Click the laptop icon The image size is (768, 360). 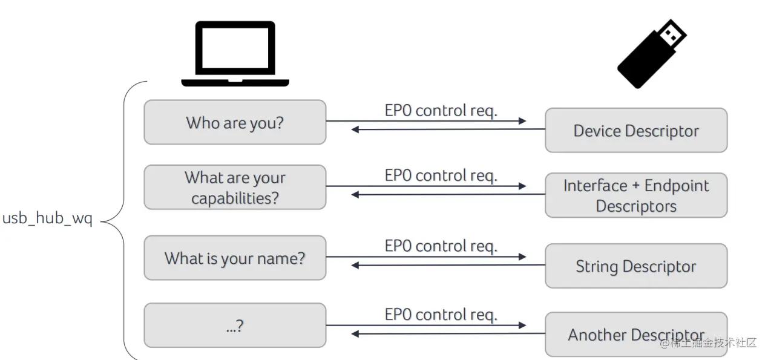pyautogui.click(x=235, y=53)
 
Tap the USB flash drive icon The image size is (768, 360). pyautogui.click(x=651, y=54)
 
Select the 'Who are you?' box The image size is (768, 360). pyautogui.click(x=235, y=122)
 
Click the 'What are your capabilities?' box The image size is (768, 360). pyautogui.click(x=235, y=187)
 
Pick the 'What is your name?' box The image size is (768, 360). pyautogui.click(x=235, y=258)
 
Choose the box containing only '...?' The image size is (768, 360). pyautogui.click(x=235, y=325)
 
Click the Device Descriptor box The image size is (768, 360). pyautogui.click(x=636, y=130)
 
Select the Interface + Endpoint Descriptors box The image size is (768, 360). pyautogui.click(x=636, y=195)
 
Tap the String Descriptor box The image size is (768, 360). pyautogui.click(x=636, y=266)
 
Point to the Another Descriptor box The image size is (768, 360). pyautogui.click(x=636, y=334)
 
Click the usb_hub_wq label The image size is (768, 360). pyautogui.click(x=47, y=218)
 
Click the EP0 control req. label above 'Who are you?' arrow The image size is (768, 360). pyautogui.click(x=441, y=111)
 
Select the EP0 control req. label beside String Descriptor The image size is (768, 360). pyautogui.click(x=441, y=246)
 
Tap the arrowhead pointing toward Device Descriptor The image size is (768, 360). pyautogui.click(x=522, y=120)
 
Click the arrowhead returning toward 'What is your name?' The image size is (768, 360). pyautogui.click(x=355, y=266)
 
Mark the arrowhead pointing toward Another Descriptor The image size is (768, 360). pyautogui.click(x=522, y=325)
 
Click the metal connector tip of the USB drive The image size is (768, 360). pyautogui.click(x=672, y=34)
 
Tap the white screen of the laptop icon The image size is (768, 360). pyautogui.click(x=235, y=48)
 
